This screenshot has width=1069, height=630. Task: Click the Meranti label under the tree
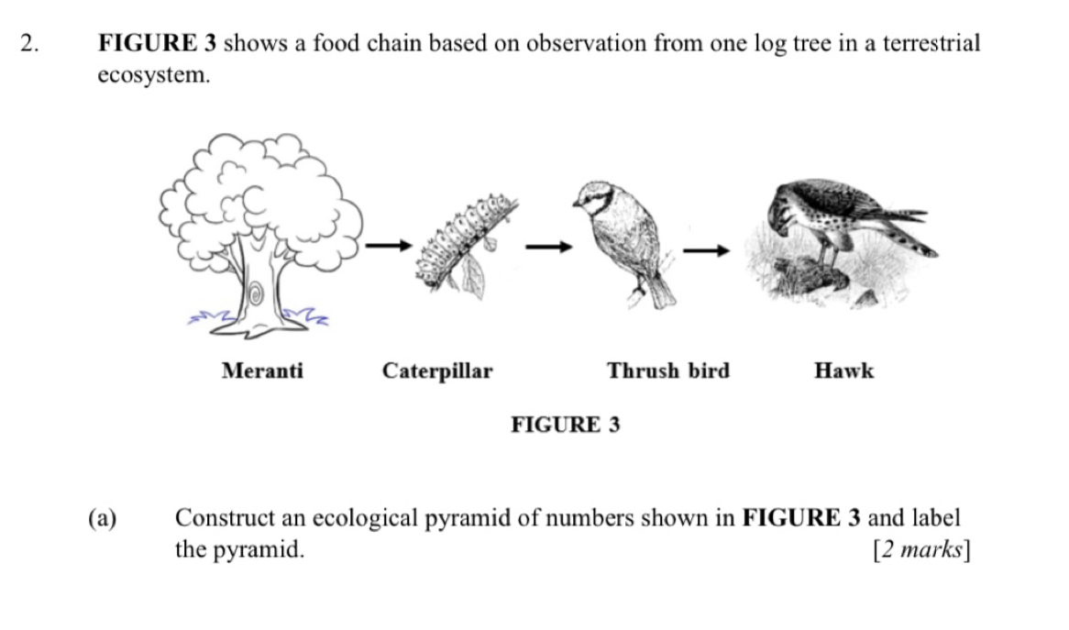[x=262, y=371]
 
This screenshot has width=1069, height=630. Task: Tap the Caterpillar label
[x=437, y=371]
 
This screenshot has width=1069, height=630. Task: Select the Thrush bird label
[x=668, y=371]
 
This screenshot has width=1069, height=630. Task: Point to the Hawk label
[x=843, y=371]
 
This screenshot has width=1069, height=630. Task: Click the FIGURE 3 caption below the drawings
[x=565, y=425]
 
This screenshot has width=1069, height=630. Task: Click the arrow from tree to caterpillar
[x=385, y=245]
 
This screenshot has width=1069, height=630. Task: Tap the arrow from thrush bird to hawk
[x=708, y=249]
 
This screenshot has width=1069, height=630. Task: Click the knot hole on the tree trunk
[x=258, y=294]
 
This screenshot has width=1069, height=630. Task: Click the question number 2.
[x=30, y=43]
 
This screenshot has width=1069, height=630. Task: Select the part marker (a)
[x=103, y=518]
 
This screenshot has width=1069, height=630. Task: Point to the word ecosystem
[x=153, y=76]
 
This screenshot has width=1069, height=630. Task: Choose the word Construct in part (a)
[x=222, y=518]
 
